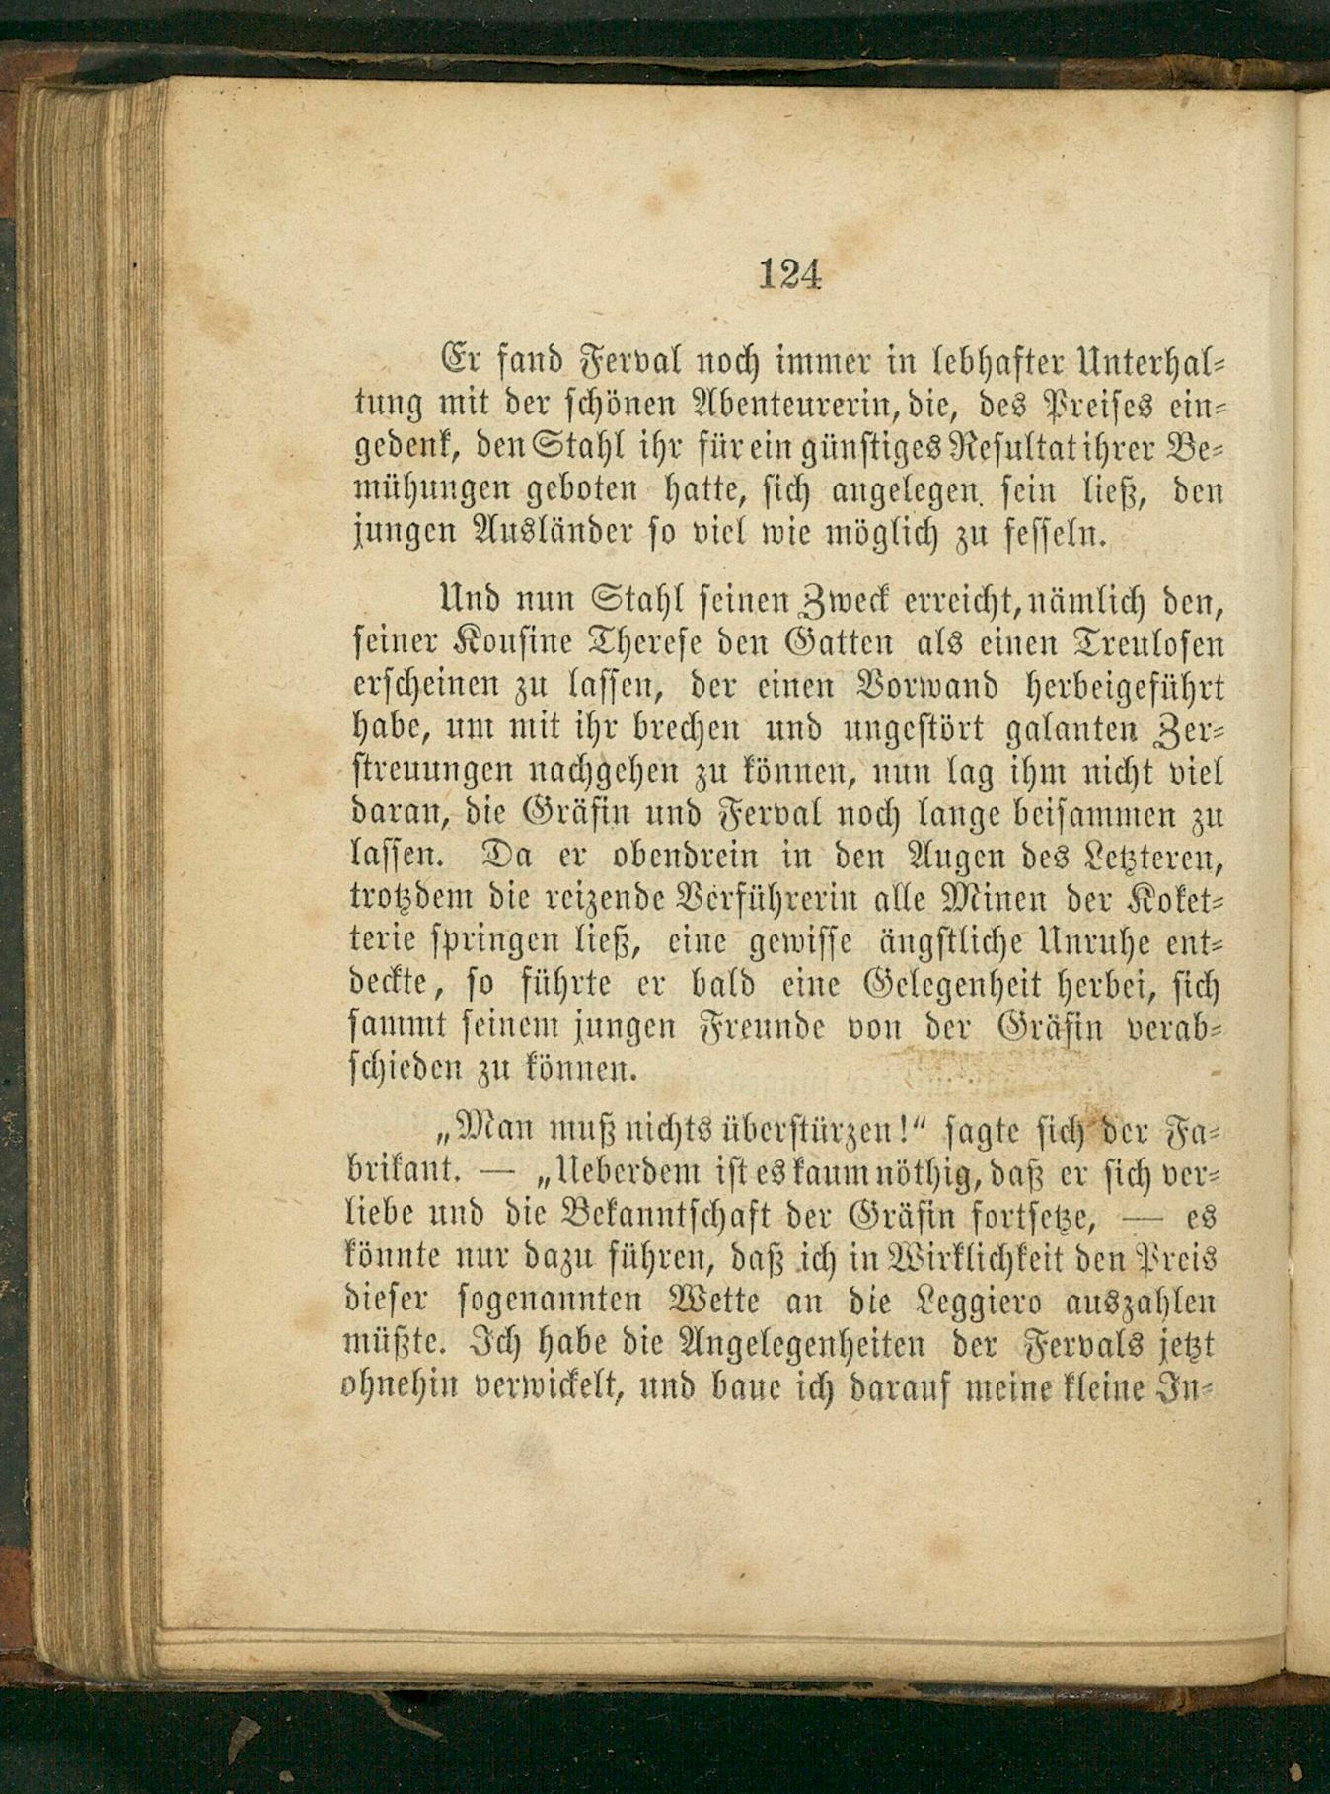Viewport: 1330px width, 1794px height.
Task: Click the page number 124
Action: click(x=790, y=272)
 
